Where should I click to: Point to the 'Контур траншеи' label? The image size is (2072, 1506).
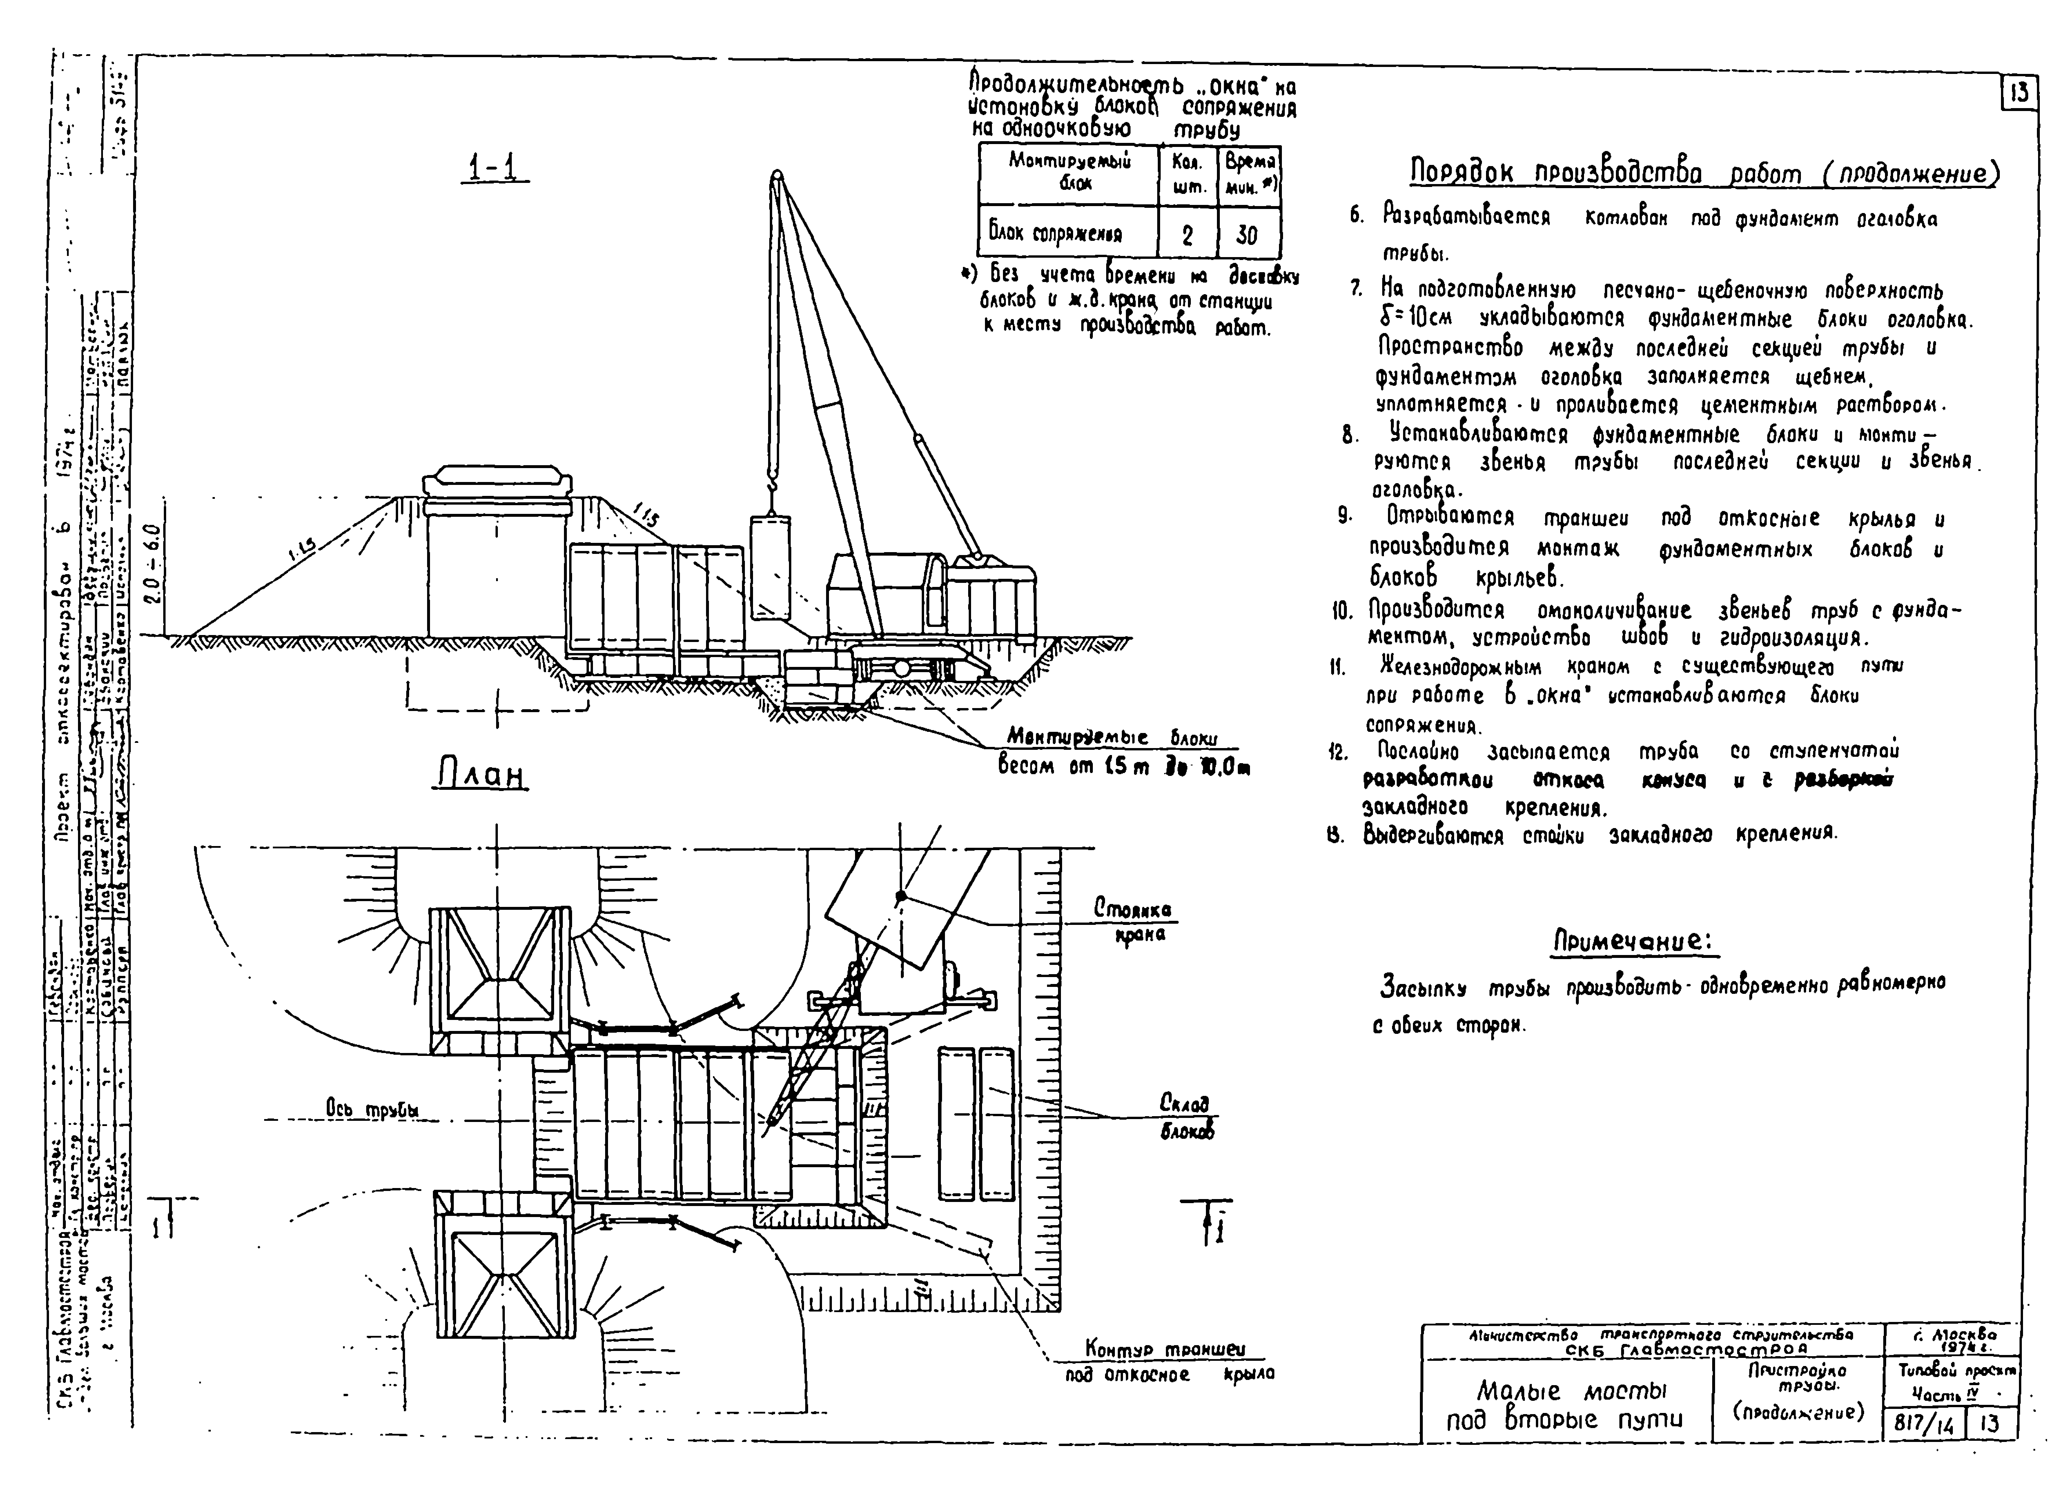click(1165, 1349)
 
